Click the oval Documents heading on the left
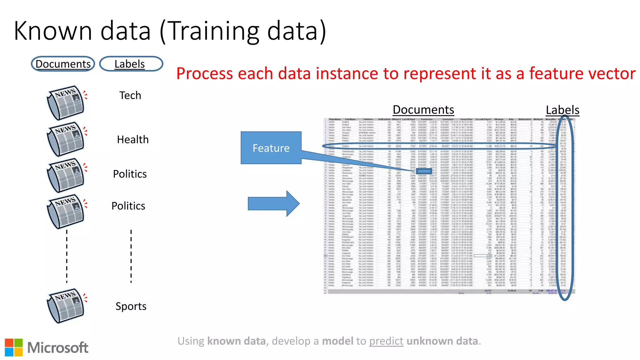(x=63, y=64)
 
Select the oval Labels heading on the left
(x=131, y=64)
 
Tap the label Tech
(x=130, y=95)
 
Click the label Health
(x=132, y=139)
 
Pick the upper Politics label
(x=130, y=174)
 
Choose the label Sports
(x=131, y=306)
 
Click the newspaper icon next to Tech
(x=66, y=102)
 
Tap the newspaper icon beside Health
(x=66, y=139)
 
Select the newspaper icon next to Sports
(x=66, y=306)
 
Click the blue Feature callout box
(x=271, y=148)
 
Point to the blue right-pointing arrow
(x=273, y=204)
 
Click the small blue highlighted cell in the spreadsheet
(x=424, y=171)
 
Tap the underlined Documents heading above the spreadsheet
(x=423, y=110)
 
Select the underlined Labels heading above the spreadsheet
(x=562, y=110)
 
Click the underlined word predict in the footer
(x=386, y=341)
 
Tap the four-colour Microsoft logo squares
(x=14, y=347)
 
